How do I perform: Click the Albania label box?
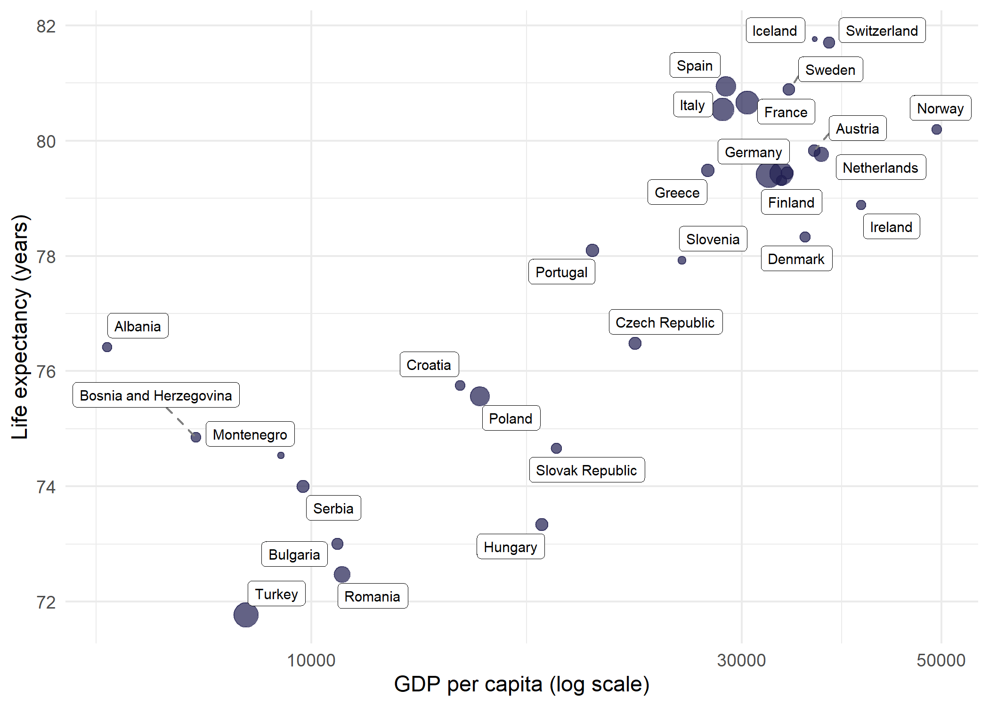(x=138, y=326)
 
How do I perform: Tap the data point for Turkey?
(x=246, y=615)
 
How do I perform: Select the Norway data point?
(x=936, y=129)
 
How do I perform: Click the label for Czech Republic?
(x=665, y=322)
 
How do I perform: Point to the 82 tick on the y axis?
(x=46, y=26)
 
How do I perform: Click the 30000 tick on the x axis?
(x=741, y=660)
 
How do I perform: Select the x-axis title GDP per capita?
(x=521, y=684)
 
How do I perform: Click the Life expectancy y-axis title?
(x=20, y=327)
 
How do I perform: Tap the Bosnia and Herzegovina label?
(x=156, y=395)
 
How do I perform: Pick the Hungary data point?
(x=542, y=524)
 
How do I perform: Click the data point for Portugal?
(x=592, y=250)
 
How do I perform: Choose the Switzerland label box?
(x=882, y=31)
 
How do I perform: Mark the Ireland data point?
(x=861, y=205)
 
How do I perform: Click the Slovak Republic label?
(x=586, y=470)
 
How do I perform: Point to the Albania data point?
(x=107, y=347)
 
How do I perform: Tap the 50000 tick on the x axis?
(x=940, y=660)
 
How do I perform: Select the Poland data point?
(x=479, y=396)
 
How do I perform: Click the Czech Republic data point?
(x=635, y=344)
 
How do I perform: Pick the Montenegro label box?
(x=250, y=434)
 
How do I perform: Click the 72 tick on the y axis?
(x=46, y=602)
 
